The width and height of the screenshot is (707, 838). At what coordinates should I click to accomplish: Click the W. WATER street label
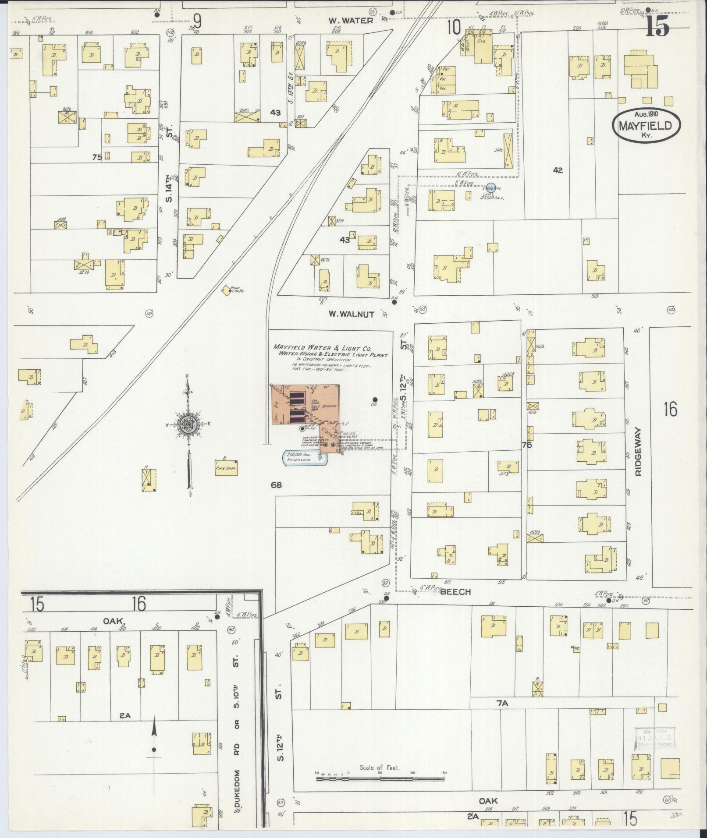click(351, 21)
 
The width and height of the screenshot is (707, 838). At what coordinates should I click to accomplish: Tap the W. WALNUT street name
click(351, 314)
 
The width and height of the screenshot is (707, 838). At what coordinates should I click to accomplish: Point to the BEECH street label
click(456, 592)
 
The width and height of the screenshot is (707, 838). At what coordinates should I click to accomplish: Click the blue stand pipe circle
click(491, 187)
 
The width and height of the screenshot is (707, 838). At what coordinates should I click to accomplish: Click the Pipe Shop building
click(226, 468)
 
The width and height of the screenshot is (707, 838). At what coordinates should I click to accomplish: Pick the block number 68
click(276, 485)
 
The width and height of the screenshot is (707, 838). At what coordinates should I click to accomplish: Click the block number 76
click(526, 445)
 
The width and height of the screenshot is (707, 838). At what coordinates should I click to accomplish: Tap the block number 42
click(558, 170)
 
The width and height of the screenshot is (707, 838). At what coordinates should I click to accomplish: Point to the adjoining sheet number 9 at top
click(198, 21)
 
